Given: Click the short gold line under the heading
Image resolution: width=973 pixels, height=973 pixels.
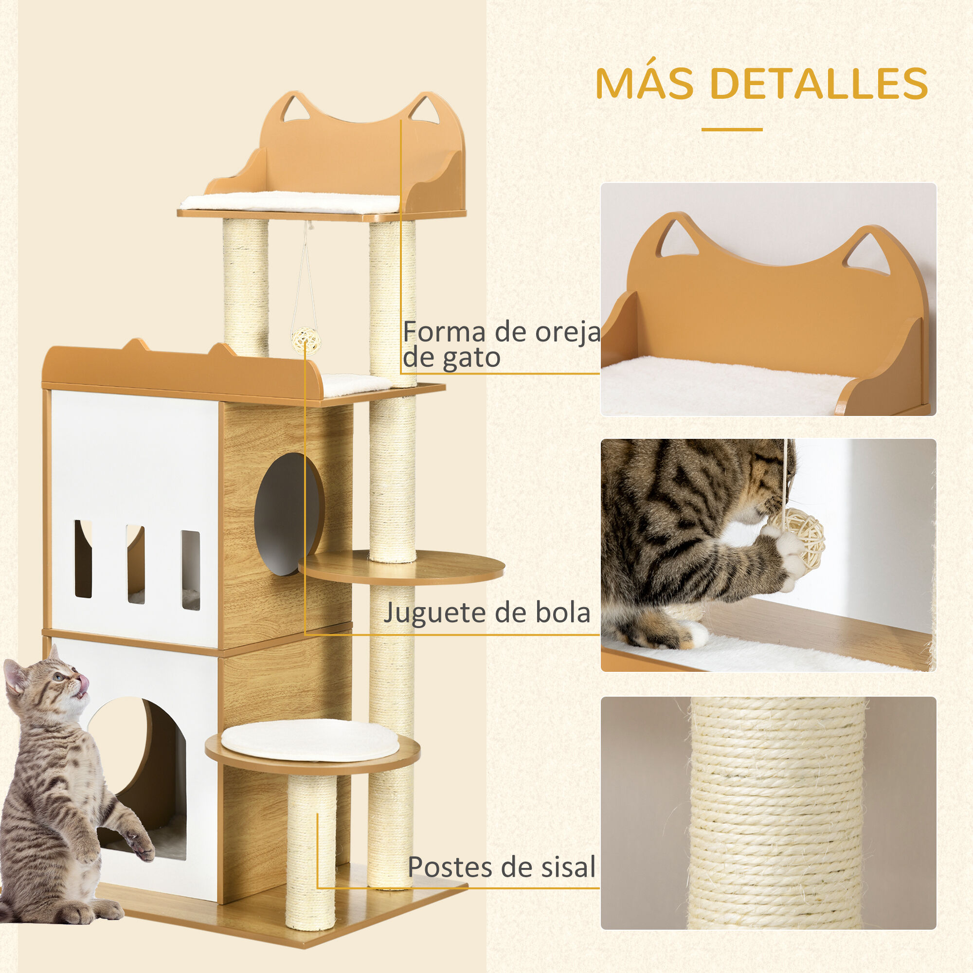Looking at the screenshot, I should click(x=732, y=129).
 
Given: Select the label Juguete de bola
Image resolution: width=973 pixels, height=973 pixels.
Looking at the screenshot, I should click(x=486, y=613).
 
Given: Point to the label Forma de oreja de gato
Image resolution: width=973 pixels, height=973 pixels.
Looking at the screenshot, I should click(x=501, y=344).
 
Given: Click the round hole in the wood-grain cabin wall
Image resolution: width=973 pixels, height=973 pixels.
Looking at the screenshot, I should click(x=288, y=514).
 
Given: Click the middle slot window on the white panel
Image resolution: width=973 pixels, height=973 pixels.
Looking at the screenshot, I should click(x=135, y=564).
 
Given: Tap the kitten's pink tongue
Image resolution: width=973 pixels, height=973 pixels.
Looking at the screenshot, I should click(x=84, y=682).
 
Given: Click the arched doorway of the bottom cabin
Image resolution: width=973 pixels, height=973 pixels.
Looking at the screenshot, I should click(x=144, y=775).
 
